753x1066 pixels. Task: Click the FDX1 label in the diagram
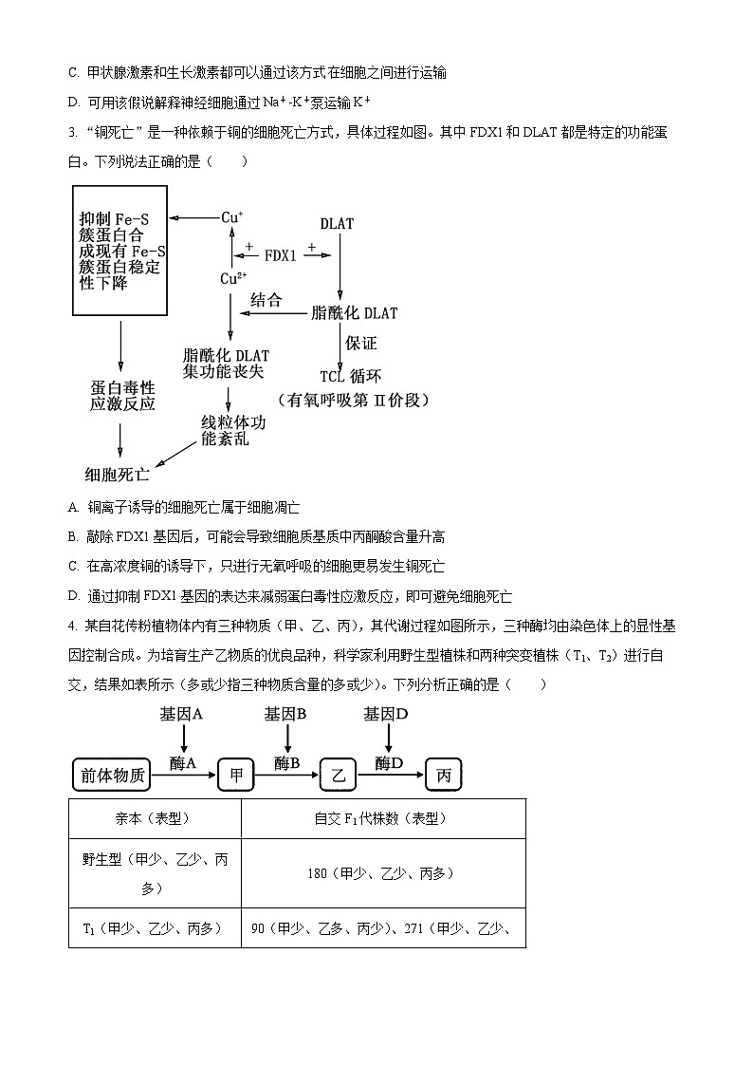tap(280, 255)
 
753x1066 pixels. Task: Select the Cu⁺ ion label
tap(232, 217)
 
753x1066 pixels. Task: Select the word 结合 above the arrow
tap(266, 301)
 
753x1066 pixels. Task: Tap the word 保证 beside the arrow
tap(361, 343)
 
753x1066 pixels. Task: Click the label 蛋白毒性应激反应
tap(122, 396)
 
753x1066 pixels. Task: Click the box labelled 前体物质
tap(111, 776)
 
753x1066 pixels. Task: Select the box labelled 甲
tap(236, 776)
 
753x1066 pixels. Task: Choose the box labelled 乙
tap(337, 776)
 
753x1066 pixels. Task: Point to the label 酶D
tap(389, 762)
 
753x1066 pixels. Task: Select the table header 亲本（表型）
tap(155, 818)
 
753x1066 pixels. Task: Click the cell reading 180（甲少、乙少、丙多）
tap(383, 872)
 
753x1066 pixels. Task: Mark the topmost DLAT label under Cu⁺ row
tap(337, 224)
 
